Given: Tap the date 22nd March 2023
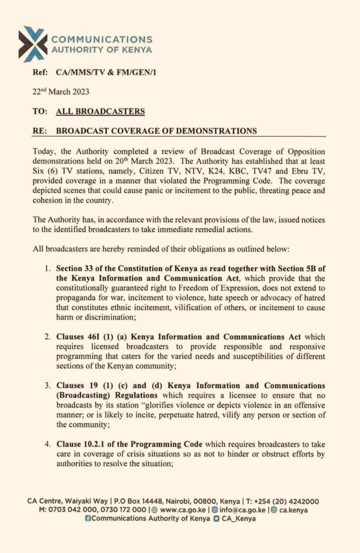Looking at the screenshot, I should click(60, 91).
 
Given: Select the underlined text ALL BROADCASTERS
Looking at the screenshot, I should click(100, 111).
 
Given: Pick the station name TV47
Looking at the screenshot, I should click(259, 172).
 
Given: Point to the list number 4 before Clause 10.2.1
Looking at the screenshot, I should click(47, 444).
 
